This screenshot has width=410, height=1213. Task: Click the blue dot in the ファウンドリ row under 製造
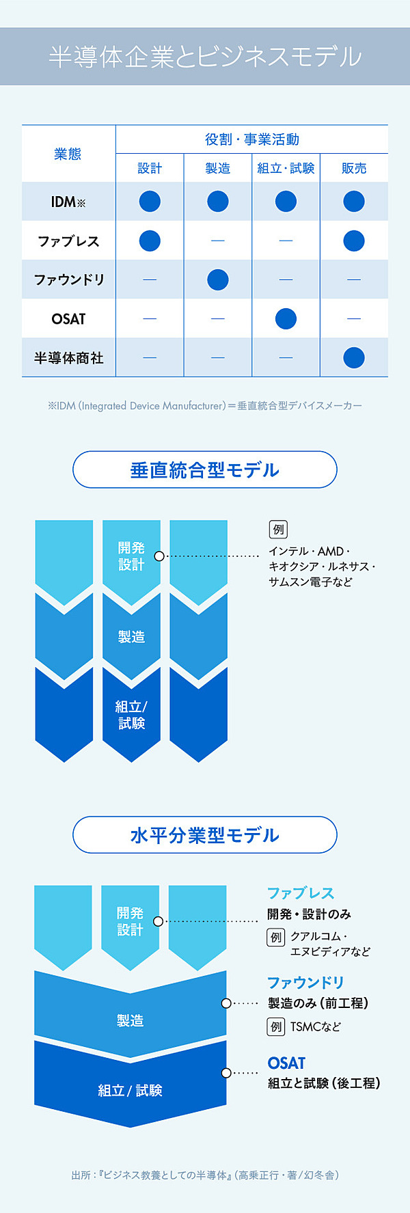coord(217,280)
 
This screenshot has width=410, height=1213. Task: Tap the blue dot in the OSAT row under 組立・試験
coord(286,318)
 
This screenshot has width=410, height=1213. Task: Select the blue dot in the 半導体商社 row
coord(354,357)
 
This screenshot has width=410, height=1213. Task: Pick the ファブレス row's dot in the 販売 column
coord(354,241)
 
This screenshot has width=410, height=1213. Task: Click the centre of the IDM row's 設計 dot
coord(150,202)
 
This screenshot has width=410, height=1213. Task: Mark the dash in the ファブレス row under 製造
coord(217,241)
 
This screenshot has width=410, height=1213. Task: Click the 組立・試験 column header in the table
coord(286,168)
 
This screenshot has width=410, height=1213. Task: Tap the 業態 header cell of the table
coord(68,154)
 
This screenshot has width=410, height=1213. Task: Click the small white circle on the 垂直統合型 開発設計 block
coord(159,556)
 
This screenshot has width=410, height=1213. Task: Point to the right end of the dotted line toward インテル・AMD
coord(259,556)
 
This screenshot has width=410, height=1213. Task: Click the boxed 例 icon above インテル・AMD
coord(278,530)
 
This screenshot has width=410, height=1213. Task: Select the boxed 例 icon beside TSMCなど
coord(275,1026)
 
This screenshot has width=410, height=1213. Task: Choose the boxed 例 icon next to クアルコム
coord(275,937)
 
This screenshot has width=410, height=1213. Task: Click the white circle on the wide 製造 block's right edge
coord(226,1003)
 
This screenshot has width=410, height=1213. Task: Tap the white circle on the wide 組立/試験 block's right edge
coord(226,1073)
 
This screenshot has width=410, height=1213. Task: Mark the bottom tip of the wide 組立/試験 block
coord(130,1127)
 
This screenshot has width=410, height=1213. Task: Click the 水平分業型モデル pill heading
coord(205,835)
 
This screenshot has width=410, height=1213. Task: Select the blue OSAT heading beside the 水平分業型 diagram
coord(286,1063)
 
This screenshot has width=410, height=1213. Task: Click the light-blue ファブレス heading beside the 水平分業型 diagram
coord(301,893)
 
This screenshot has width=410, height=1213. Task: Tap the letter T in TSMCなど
coord(294,1026)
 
